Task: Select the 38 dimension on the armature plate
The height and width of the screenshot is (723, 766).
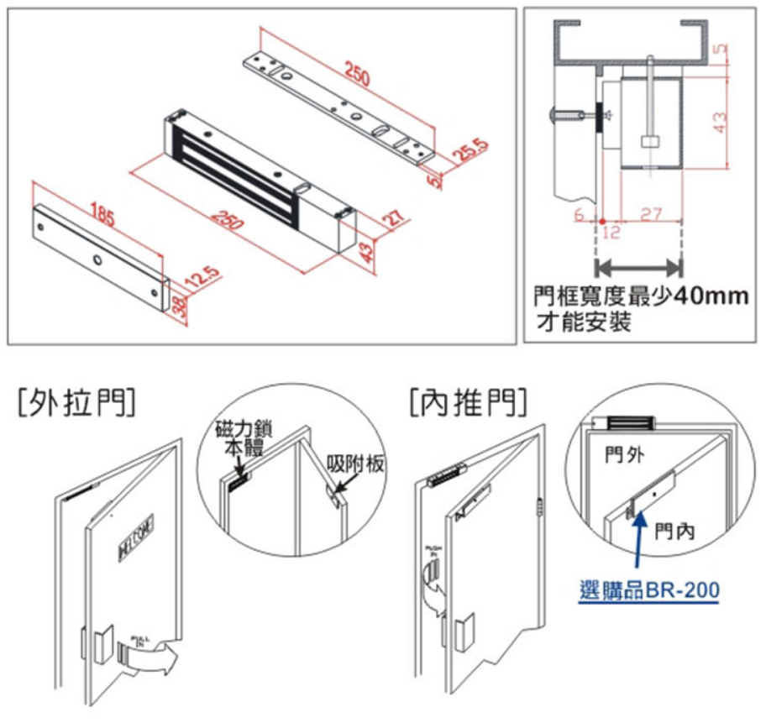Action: click(179, 306)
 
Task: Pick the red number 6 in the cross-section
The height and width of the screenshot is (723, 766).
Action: click(580, 215)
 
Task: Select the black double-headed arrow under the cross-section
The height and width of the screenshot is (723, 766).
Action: click(638, 268)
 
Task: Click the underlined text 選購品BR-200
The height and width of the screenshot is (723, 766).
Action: click(649, 590)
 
